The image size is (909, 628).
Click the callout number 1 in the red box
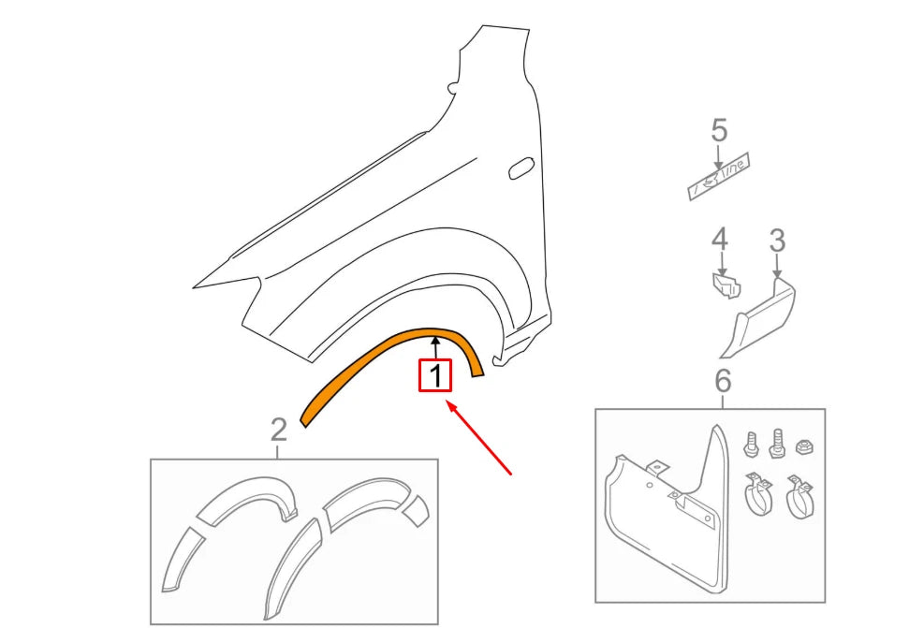434,376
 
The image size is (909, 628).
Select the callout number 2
278,430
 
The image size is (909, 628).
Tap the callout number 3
777,241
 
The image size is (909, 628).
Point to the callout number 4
719,241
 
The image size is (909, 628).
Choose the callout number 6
722,381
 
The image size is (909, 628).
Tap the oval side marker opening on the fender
519,169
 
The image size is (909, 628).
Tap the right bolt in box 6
775,441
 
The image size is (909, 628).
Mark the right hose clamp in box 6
799,498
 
